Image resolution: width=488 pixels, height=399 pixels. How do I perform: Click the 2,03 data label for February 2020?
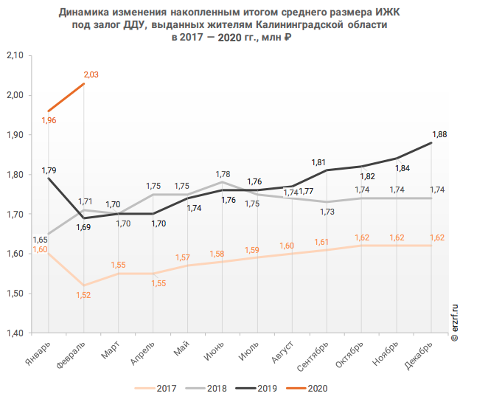point(91,74)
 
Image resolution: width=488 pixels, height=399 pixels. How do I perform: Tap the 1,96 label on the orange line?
point(49,120)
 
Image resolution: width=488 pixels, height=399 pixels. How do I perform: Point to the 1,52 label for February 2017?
point(84,295)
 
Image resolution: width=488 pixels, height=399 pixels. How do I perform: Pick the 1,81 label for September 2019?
point(318,162)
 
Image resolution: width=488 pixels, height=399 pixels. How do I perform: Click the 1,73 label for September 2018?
point(327,212)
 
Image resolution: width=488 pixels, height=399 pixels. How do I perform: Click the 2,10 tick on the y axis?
point(15,56)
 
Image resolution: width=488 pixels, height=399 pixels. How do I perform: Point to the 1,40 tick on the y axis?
point(15,333)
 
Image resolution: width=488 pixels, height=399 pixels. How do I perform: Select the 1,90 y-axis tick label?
point(15,135)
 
